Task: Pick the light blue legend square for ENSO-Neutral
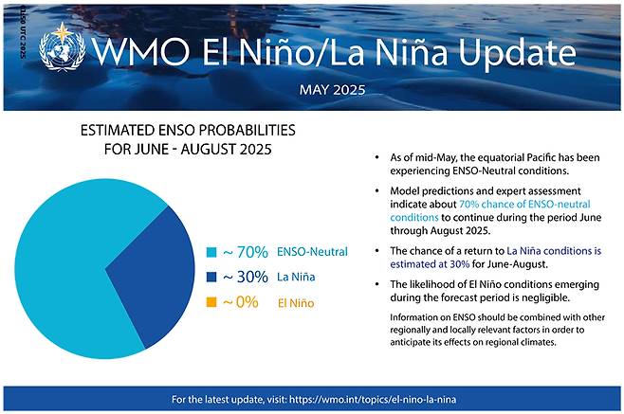211,253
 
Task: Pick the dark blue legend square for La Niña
211,279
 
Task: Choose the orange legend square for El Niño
211,304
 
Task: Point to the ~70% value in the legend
245,252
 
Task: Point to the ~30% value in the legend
245,278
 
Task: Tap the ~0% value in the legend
241,304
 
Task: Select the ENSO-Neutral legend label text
313,253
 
